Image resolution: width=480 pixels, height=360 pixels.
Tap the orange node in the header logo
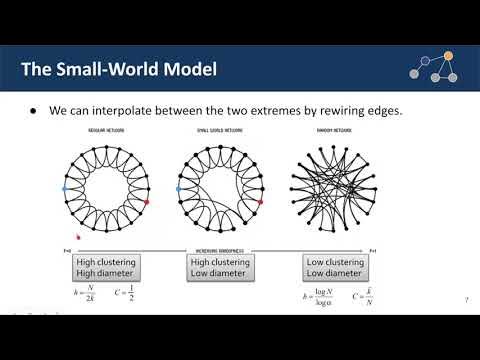(x=447, y=55)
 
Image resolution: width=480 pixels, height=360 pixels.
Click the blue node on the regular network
(x=65, y=187)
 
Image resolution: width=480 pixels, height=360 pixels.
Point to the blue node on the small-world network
(x=178, y=187)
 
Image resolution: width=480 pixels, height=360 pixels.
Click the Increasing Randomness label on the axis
(x=220, y=250)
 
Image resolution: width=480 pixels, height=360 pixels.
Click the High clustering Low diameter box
(x=218, y=268)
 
